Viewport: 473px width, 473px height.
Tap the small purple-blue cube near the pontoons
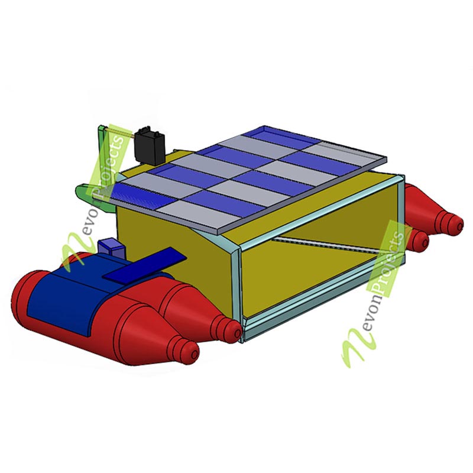tap(112, 247)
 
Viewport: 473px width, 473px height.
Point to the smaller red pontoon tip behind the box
tap(420, 239)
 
